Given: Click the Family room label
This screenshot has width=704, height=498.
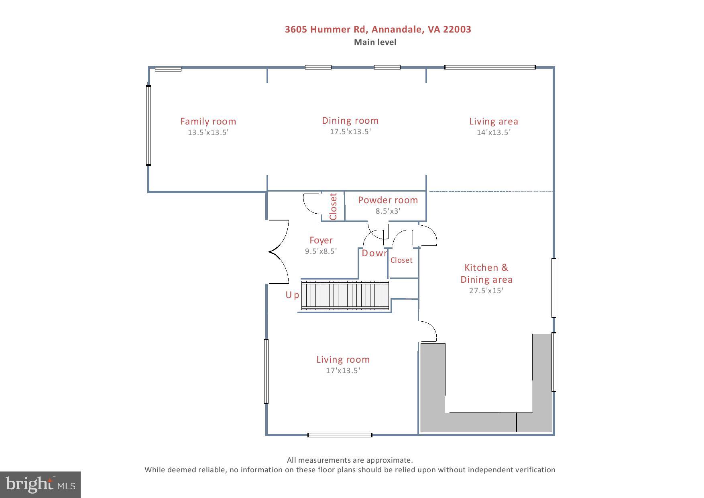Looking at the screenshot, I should click(x=208, y=121).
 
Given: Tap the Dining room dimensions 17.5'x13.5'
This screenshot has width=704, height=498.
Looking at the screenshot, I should click(x=350, y=132).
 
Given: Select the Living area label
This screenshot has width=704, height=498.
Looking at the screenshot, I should click(x=493, y=121).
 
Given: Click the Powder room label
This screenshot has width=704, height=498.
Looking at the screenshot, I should click(x=388, y=200).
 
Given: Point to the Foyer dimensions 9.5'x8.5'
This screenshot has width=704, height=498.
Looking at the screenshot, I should click(x=321, y=251).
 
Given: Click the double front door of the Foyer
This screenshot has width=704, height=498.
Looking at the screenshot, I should click(x=279, y=252).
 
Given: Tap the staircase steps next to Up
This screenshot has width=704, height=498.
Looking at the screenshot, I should click(x=345, y=296).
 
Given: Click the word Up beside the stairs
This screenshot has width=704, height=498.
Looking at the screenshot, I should click(x=292, y=295).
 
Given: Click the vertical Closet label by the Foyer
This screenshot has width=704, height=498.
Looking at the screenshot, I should click(x=333, y=206).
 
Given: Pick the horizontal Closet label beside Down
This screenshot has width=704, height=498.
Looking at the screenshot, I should click(x=401, y=260).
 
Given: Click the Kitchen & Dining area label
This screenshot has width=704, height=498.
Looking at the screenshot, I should click(x=486, y=273).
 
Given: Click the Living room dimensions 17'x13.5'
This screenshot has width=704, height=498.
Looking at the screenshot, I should click(x=343, y=371).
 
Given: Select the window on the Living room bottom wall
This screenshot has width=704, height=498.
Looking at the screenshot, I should click(x=340, y=435).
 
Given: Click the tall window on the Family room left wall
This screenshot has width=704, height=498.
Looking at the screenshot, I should click(x=149, y=125).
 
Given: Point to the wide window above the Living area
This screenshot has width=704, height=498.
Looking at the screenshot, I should click(x=490, y=67).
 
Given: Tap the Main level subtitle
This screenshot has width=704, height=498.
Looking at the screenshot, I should click(x=375, y=42).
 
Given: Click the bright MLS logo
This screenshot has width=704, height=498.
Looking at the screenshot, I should click(x=40, y=484).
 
